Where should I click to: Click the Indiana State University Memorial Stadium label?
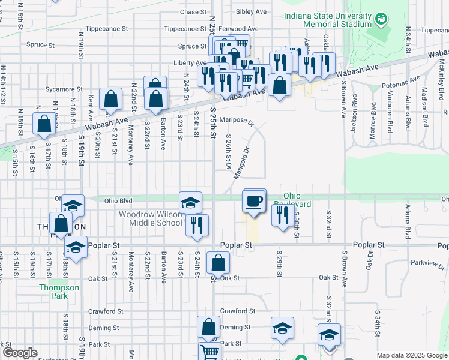(x=327, y=19)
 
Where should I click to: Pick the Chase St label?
(x=193, y=11)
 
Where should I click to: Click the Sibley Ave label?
(x=252, y=11)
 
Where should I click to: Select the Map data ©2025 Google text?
(x=411, y=355)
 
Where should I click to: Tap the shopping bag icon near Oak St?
(x=218, y=263)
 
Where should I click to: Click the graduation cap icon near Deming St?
(x=282, y=328)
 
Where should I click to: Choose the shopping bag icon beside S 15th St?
(x=44, y=124)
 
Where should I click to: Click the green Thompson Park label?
(x=59, y=292)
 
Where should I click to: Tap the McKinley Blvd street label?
(x=441, y=72)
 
